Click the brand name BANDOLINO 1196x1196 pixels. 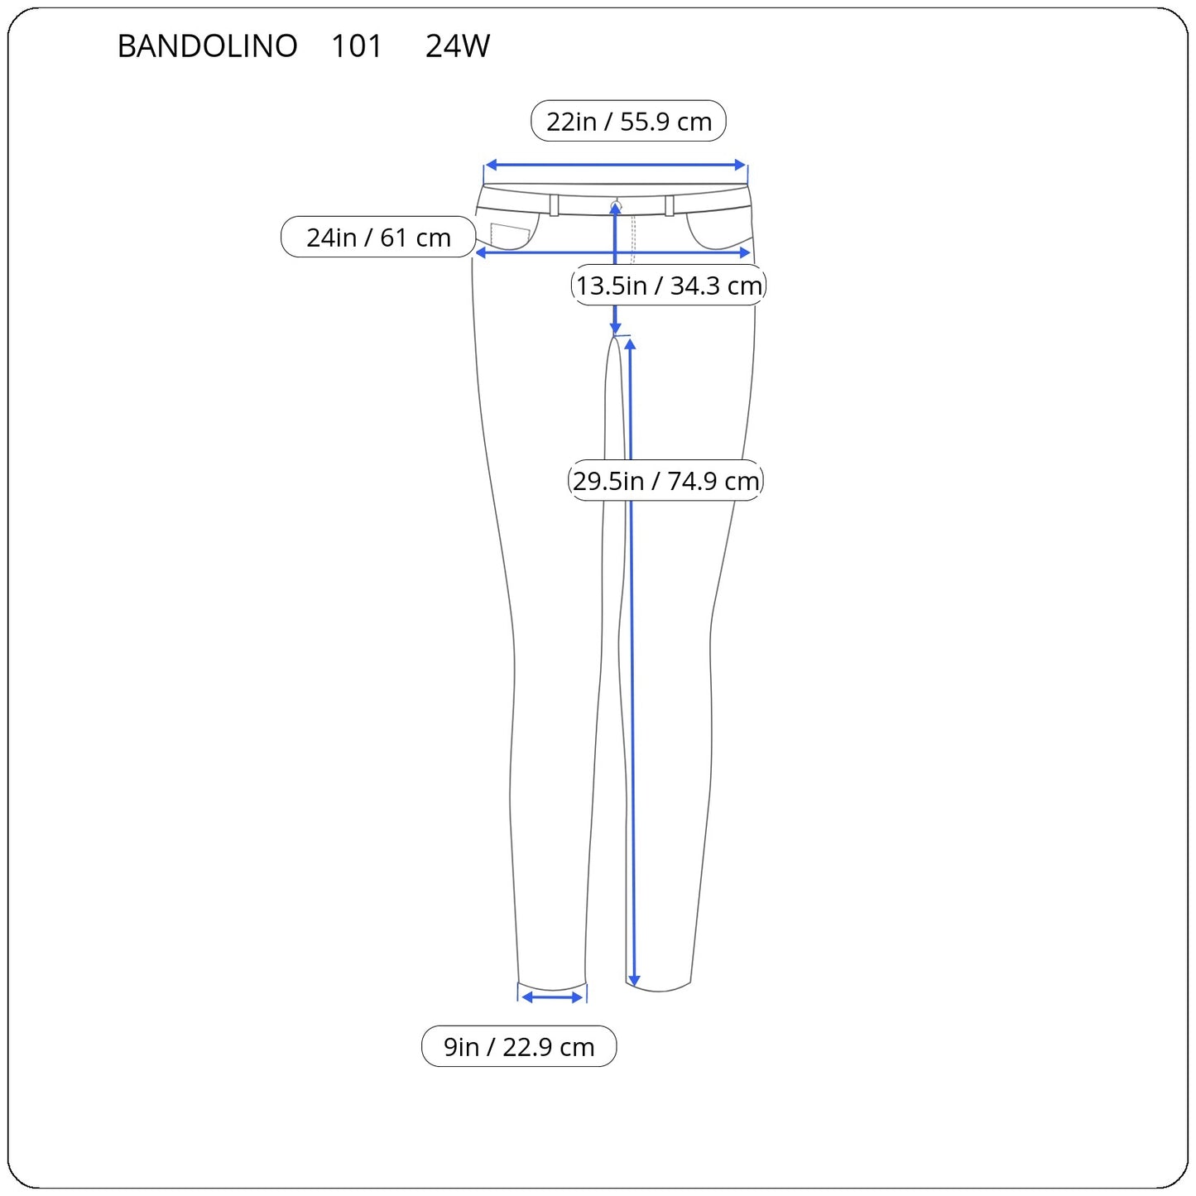[x=207, y=46]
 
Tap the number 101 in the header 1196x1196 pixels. [x=356, y=46]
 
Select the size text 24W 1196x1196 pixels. [x=458, y=46]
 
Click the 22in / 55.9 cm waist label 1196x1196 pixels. [x=628, y=121]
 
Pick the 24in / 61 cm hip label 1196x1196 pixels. [x=378, y=237]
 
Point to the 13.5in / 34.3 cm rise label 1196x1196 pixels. [x=669, y=285]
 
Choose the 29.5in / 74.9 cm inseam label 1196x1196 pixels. [x=665, y=480]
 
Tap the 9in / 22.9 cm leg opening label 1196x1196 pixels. [x=519, y=1047]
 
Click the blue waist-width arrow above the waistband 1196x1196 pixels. [x=615, y=165]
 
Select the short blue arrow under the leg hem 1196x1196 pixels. [x=552, y=998]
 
